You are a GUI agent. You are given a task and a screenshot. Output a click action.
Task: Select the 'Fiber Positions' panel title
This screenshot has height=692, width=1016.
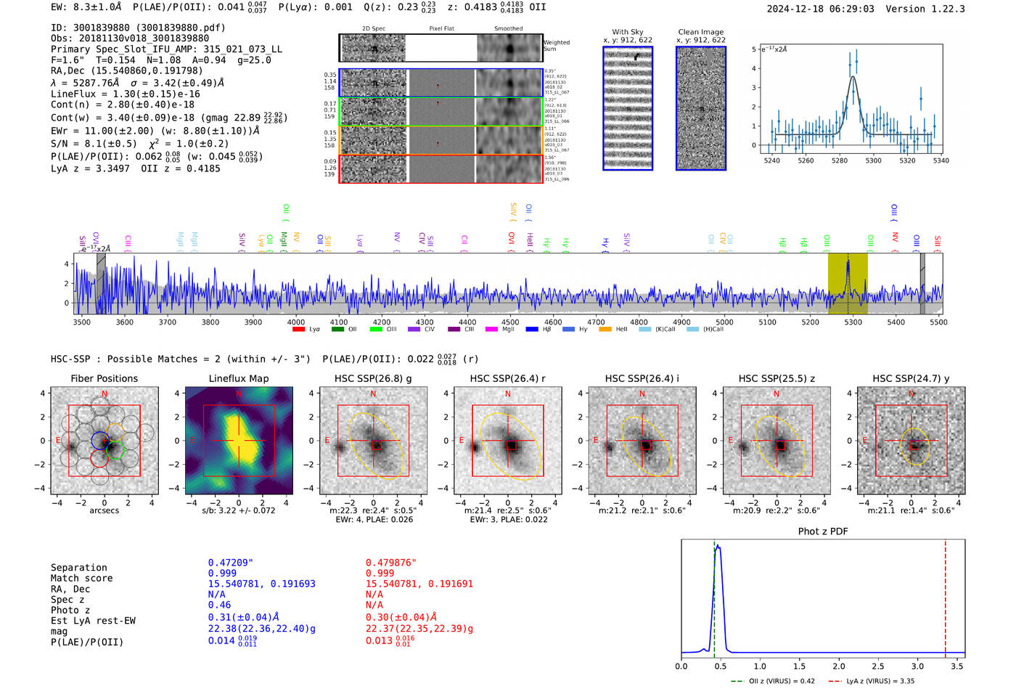click(x=104, y=378)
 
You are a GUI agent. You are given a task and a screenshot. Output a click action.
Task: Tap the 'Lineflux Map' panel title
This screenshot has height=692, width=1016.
click(x=238, y=378)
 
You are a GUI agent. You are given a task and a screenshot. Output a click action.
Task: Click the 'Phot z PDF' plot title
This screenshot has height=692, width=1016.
click(x=822, y=531)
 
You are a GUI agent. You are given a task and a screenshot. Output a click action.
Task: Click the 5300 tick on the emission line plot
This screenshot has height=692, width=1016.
click(x=873, y=160)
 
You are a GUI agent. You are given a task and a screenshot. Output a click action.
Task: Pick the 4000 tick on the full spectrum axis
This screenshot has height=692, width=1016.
click(x=295, y=322)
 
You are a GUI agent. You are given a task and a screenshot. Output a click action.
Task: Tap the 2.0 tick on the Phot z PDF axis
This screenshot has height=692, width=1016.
click(x=838, y=666)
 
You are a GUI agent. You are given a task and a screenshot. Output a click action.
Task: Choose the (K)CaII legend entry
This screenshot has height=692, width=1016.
click(x=665, y=330)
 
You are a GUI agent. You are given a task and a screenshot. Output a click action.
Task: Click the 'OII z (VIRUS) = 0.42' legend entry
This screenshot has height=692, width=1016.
click(x=779, y=681)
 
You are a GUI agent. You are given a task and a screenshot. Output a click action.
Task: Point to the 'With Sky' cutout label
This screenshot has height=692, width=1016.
click(x=627, y=32)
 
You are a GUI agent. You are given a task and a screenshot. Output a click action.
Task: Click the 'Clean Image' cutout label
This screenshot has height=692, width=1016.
click(x=700, y=32)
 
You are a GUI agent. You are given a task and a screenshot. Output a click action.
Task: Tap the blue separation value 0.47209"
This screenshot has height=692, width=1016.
click(x=230, y=563)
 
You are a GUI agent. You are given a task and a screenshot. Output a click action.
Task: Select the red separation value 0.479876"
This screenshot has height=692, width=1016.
click(x=390, y=563)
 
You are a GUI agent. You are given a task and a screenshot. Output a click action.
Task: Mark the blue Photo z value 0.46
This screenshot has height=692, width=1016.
click(x=219, y=605)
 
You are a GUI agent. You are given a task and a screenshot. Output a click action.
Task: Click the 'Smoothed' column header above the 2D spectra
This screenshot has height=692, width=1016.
click(x=508, y=29)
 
